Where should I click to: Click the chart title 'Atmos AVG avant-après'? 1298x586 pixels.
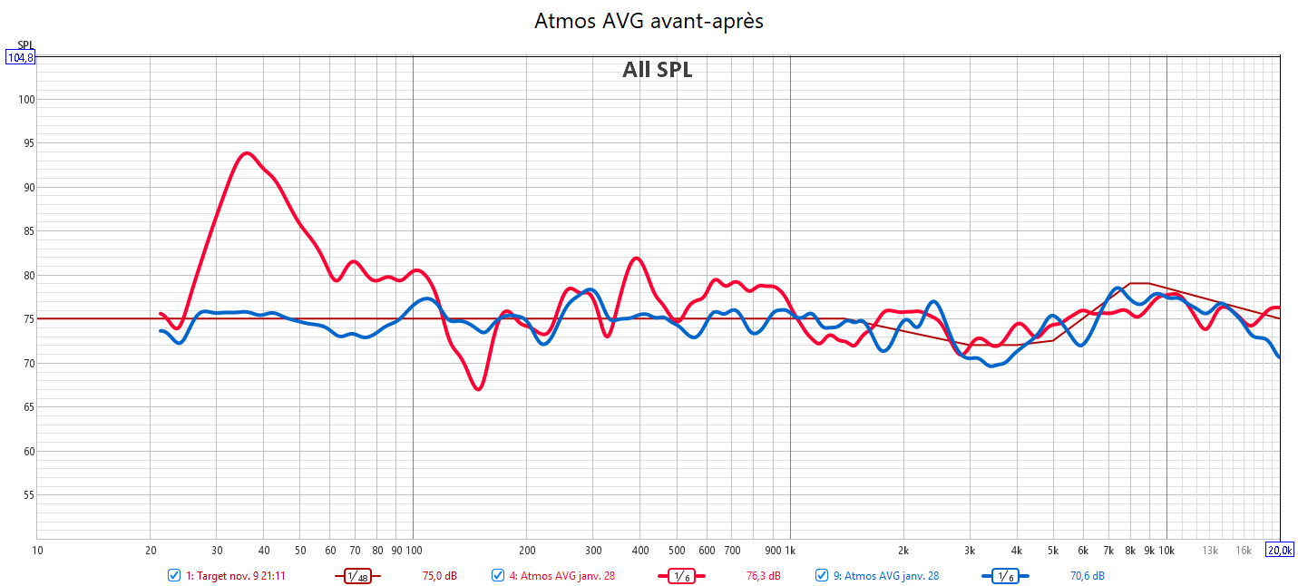[x=649, y=21]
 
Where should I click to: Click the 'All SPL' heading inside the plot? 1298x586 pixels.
[x=657, y=70]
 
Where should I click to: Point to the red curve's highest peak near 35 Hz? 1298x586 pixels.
[x=246, y=153]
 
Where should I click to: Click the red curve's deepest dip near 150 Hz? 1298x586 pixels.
[x=478, y=388]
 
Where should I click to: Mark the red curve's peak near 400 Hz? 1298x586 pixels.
[x=637, y=259]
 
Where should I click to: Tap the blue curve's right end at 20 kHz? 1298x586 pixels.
[x=1279, y=356]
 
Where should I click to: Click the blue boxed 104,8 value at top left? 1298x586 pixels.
[x=20, y=57]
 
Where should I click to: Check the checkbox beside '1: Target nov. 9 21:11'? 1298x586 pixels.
[x=174, y=575]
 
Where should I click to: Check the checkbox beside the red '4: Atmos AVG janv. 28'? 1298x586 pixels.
[x=498, y=575]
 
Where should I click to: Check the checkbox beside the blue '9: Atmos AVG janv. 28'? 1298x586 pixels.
[x=822, y=575]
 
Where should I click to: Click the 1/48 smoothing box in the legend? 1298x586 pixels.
[x=357, y=575]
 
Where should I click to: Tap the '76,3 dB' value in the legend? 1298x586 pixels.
[x=763, y=575]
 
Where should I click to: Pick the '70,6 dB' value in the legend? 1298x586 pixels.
[x=1087, y=575]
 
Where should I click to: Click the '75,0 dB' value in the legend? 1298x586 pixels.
[x=440, y=575]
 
